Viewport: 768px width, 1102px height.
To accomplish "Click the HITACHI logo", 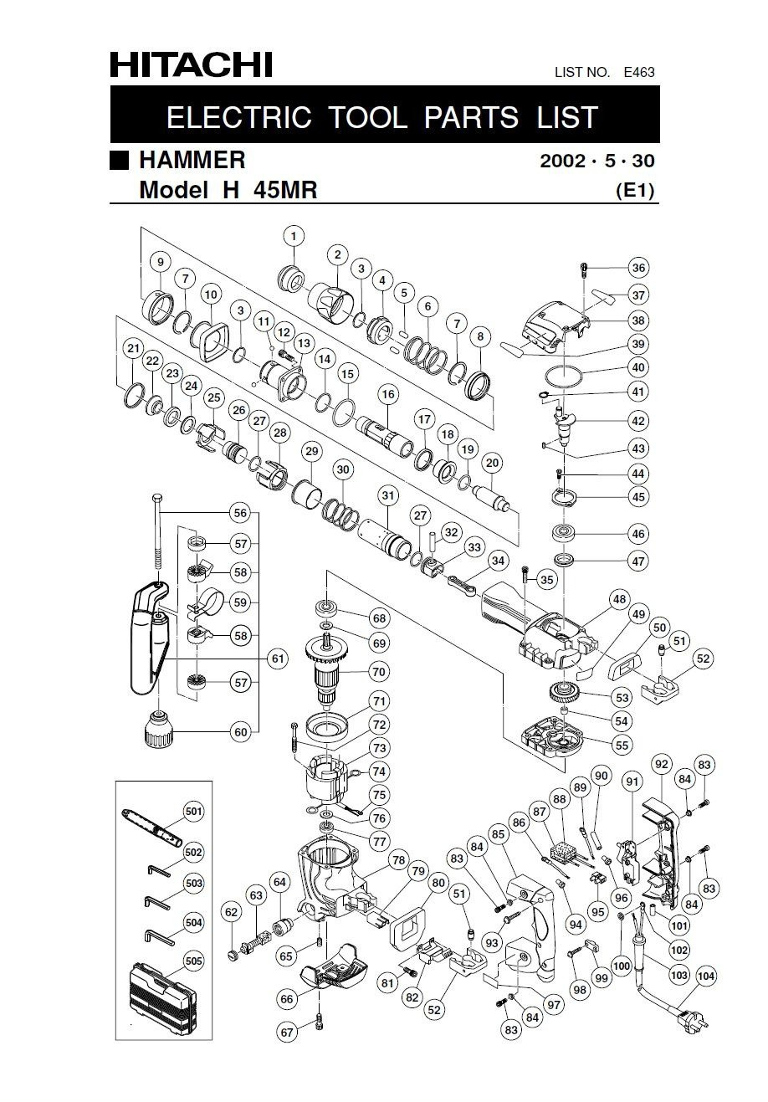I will click(x=192, y=64).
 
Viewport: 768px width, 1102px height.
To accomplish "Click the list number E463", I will click(x=638, y=73).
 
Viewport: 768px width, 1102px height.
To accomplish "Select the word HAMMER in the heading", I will click(x=192, y=159).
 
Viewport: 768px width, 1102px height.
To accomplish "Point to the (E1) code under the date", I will click(x=635, y=190).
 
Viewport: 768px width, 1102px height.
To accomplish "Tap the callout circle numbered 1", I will click(x=294, y=236).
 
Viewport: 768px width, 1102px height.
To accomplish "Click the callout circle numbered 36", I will click(x=638, y=269).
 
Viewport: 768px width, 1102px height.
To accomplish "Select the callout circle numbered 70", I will click(x=379, y=671).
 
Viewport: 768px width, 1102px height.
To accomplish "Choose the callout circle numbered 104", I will click(x=705, y=975).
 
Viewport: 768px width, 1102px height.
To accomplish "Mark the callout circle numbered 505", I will click(x=194, y=961).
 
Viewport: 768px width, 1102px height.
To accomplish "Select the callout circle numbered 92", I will click(x=662, y=763).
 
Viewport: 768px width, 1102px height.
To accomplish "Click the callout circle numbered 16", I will click(x=387, y=394).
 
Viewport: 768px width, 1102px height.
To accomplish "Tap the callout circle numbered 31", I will click(x=387, y=496).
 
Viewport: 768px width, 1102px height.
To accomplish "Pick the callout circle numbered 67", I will click(x=287, y=1033).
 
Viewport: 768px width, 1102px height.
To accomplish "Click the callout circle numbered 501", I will click(x=194, y=811).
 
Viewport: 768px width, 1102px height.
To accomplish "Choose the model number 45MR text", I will click(x=281, y=190).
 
